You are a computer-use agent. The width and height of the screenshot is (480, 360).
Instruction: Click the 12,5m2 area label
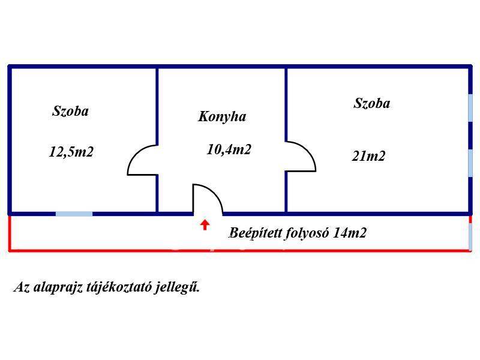71,152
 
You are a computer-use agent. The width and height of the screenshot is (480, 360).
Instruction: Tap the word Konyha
222,116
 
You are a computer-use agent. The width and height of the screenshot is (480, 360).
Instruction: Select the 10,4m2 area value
229,149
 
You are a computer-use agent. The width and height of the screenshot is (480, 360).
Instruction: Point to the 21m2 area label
368,156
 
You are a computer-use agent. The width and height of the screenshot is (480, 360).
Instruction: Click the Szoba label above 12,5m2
70,111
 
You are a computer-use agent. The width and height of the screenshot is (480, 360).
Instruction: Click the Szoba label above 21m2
372,103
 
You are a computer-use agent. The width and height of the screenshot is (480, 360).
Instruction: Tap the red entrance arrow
205,224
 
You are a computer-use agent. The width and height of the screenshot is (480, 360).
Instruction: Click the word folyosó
307,233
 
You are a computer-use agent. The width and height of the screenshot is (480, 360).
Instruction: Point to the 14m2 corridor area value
349,233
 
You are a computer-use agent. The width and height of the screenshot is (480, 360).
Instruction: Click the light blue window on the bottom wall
74,214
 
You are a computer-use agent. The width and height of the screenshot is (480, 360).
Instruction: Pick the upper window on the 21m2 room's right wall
470,108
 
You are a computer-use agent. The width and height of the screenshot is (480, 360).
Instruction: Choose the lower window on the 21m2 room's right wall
470,163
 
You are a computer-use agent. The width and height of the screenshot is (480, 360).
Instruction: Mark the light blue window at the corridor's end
470,236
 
